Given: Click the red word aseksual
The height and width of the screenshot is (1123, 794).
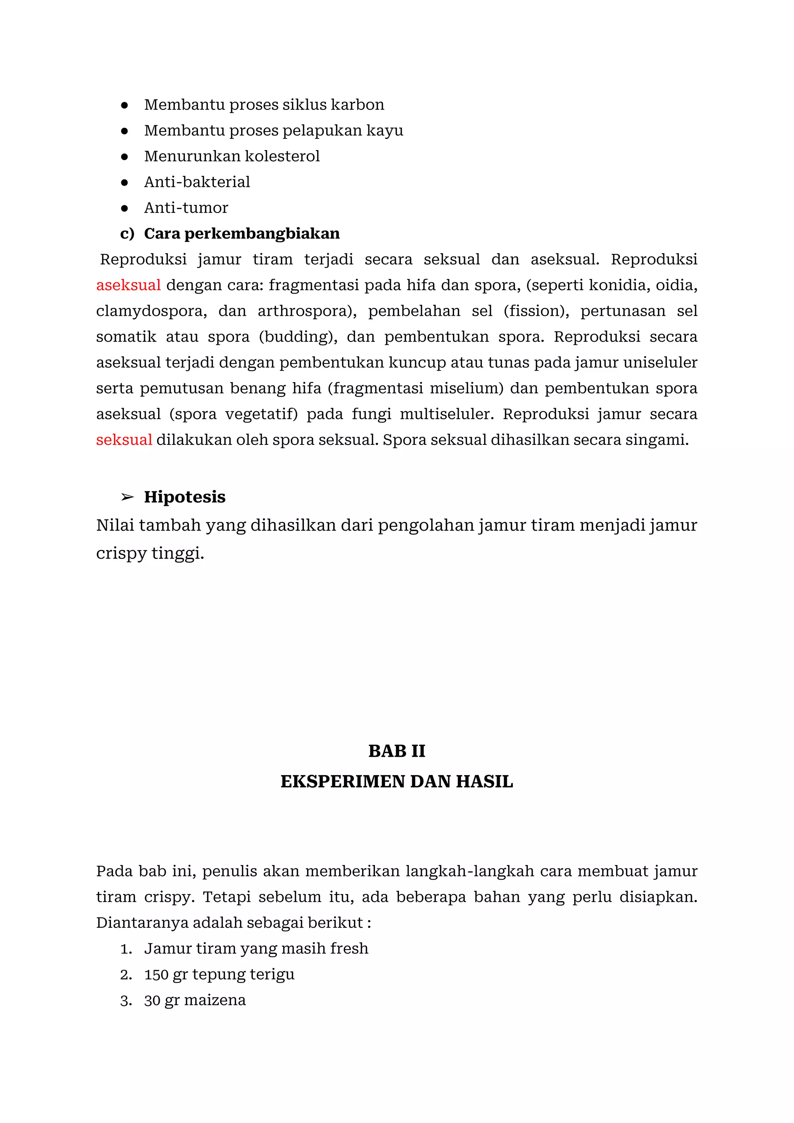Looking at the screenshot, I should coord(128,285).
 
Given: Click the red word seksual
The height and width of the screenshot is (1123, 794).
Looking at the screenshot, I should coord(124,440).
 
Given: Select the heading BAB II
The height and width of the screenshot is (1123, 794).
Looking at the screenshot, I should coord(397,751).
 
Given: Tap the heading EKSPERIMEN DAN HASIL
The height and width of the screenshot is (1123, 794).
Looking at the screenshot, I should coord(397,781).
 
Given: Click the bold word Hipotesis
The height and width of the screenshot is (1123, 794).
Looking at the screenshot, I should coord(185,497).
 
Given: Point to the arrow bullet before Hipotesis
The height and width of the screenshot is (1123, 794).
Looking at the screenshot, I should coord(127,497).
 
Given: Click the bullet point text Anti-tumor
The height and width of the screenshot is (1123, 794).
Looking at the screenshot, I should coord(186,208).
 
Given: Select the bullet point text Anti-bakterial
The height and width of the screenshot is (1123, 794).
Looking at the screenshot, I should coord(197,182).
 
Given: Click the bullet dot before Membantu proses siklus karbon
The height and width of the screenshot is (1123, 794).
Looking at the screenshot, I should coord(125,105).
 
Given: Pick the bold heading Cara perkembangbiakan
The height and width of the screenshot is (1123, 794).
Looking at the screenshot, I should coord(242,234).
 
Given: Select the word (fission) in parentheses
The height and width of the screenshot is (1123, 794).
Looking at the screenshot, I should coord(536,311).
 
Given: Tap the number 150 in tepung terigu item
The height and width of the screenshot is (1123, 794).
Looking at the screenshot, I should coord(156,975).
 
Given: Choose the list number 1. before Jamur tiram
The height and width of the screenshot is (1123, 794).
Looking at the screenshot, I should coord(126,949).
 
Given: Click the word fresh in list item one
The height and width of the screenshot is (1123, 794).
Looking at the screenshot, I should coord(349,948).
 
